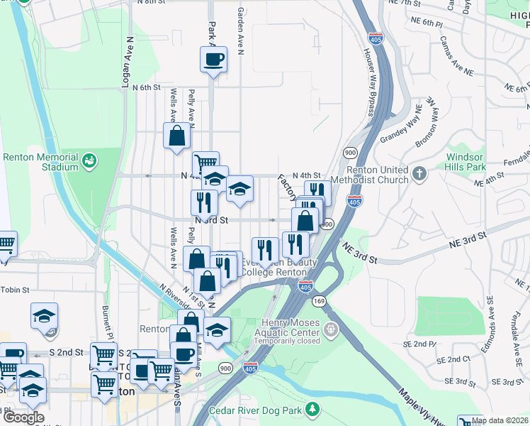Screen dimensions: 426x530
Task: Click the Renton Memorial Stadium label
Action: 40,162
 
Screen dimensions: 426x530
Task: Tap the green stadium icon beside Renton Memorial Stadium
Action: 89,160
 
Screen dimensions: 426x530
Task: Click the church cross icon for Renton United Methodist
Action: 419,173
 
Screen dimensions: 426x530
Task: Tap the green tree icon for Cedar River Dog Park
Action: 311,410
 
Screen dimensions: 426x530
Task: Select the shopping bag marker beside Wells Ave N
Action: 177,136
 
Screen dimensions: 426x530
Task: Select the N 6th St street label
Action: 147,87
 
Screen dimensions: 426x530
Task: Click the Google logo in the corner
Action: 23,417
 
